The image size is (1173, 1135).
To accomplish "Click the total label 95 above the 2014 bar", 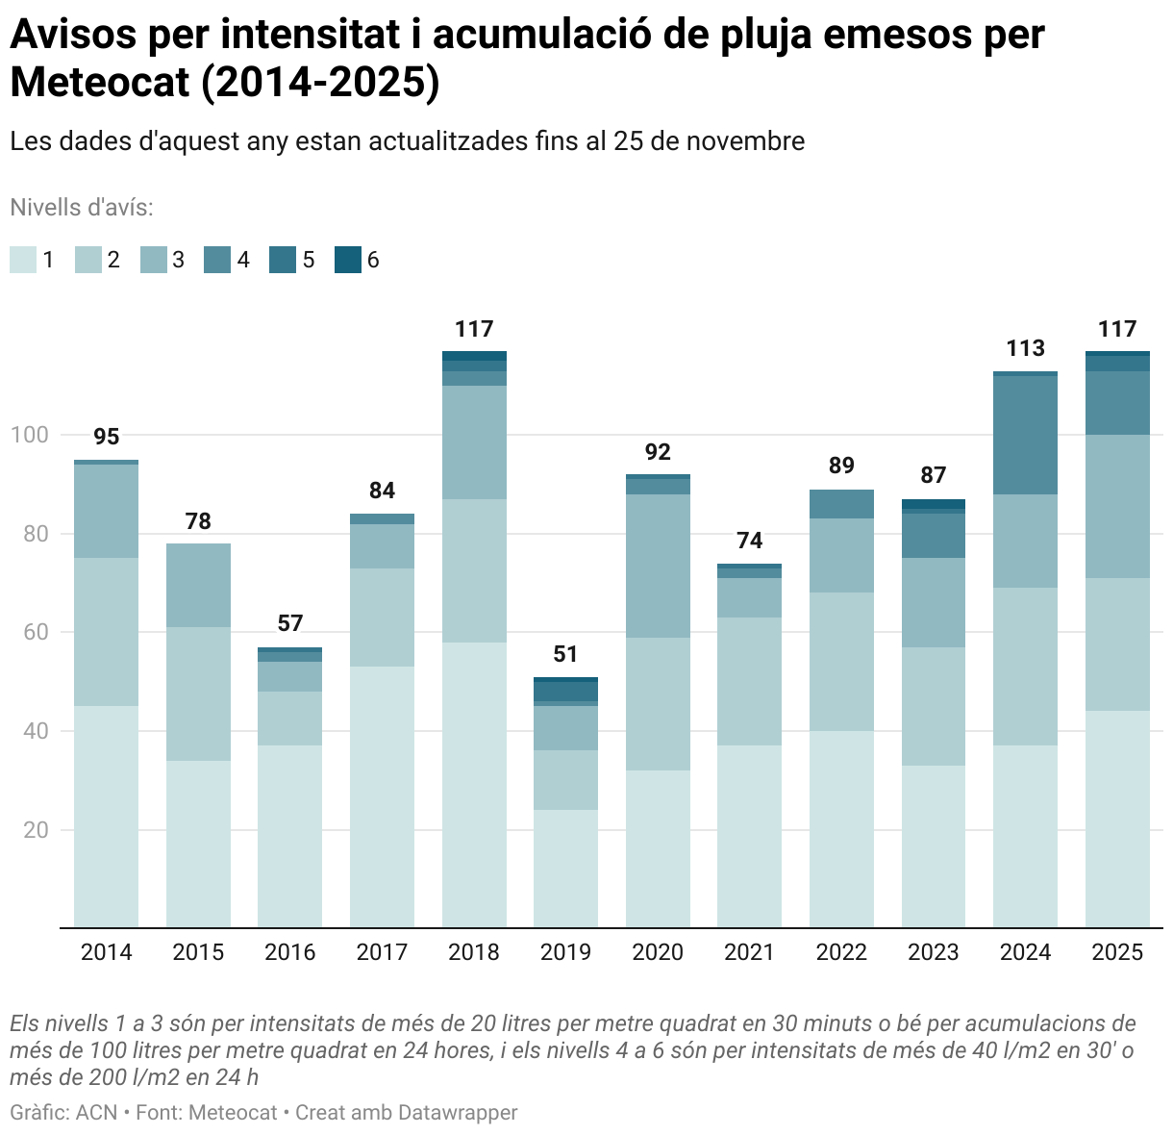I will (106, 437).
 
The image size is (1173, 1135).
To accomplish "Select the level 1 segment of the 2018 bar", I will (474, 784).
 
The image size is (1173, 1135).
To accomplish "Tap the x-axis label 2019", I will (565, 952).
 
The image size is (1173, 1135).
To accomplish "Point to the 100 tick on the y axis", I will (29, 435).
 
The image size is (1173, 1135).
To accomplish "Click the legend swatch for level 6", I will (347, 260).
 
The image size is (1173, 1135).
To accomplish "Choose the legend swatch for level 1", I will (23, 260).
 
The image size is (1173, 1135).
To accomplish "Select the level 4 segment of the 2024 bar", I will (1025, 435).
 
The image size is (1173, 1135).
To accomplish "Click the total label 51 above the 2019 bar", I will (565, 654).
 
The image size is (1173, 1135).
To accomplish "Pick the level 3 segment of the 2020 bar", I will (658, 566).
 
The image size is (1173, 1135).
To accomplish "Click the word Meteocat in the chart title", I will (100, 84).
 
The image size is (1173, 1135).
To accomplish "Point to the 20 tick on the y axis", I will (36, 829).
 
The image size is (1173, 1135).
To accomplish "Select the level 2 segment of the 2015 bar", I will (198, 694).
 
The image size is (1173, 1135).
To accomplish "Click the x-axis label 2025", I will (1117, 952).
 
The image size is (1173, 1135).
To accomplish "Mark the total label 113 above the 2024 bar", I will (1025, 348).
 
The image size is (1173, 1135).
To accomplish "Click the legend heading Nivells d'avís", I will (82, 208).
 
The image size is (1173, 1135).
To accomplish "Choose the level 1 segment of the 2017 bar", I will (382, 796).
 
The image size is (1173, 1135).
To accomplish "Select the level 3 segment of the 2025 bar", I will (1117, 506).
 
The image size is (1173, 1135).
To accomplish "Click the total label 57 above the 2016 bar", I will (289, 623).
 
